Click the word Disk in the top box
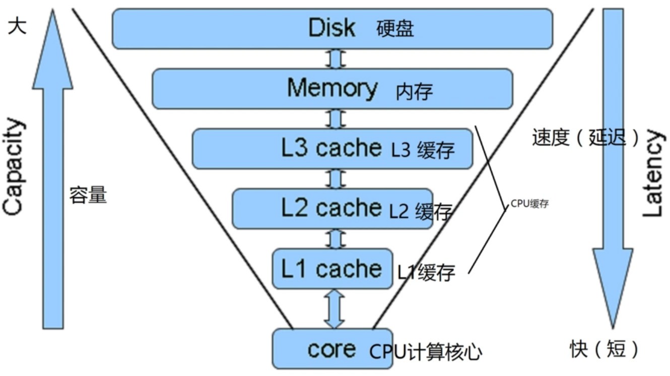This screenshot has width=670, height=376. point(331,28)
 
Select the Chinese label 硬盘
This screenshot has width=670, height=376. point(395,29)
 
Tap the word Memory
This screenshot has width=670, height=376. point(332,89)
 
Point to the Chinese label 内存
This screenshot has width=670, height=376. point(414,92)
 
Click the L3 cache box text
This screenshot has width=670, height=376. point(331,148)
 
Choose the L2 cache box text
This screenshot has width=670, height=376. point(331,208)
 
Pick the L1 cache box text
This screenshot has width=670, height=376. point(331,269)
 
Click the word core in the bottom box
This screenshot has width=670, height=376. point(331,349)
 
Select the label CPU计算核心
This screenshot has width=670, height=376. point(426,352)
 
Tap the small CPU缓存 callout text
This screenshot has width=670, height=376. point(529,204)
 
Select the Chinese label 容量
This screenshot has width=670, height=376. point(88,195)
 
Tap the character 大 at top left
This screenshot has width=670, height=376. point(17,26)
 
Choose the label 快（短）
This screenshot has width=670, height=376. point(605,348)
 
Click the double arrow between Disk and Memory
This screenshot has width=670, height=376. point(336,59)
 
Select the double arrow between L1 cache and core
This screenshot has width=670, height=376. point(334,309)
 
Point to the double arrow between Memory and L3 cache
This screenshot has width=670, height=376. point(336,119)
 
